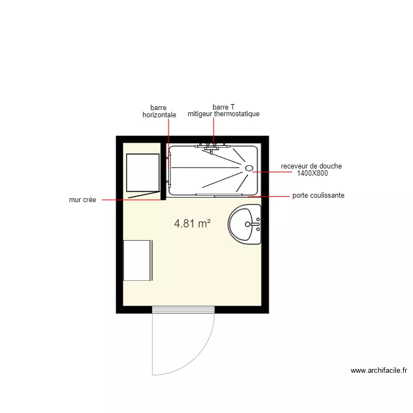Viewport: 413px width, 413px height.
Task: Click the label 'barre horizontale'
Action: click(159, 111)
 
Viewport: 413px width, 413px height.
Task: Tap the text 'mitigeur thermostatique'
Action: click(223, 114)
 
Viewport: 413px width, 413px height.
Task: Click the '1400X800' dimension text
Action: click(312, 173)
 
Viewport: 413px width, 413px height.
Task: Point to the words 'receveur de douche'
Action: click(311, 166)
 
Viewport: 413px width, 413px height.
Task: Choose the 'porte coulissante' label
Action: click(318, 195)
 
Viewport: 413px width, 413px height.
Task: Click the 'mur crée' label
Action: click(83, 200)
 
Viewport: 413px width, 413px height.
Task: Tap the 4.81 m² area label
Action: click(193, 223)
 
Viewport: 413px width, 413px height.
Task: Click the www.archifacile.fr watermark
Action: click(379, 371)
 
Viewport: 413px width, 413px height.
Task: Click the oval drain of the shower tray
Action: click(249, 169)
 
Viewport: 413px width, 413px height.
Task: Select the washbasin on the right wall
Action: click(245, 224)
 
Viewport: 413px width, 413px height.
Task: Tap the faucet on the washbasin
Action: click(255, 224)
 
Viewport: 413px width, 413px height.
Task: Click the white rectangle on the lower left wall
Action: click(138, 260)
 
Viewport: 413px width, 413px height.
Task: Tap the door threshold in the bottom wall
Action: click(183, 309)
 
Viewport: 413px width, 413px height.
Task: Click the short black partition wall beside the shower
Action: click(163, 171)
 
